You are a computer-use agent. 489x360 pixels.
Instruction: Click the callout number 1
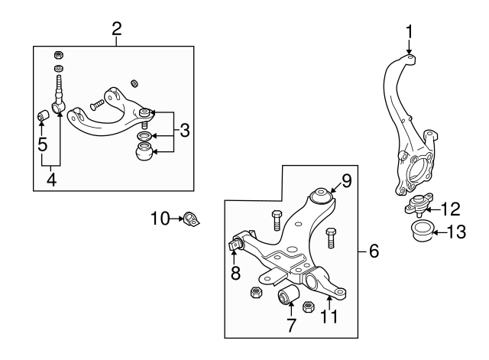pyautogui.click(x=410, y=31)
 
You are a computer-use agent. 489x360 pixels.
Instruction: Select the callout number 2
pyautogui.click(x=117, y=29)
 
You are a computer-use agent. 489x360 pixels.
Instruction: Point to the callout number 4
pyautogui.click(x=51, y=181)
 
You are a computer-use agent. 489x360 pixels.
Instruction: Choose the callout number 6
pyautogui.click(x=374, y=251)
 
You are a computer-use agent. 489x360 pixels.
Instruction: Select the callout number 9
pyautogui.click(x=346, y=182)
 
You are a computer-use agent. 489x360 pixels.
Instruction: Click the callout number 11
pyautogui.click(x=329, y=316)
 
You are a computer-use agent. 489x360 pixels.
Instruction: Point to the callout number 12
pyautogui.click(x=451, y=208)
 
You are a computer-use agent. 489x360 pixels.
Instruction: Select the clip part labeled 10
pyautogui.click(x=192, y=220)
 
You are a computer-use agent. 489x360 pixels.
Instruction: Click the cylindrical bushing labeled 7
pyautogui.click(x=289, y=295)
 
